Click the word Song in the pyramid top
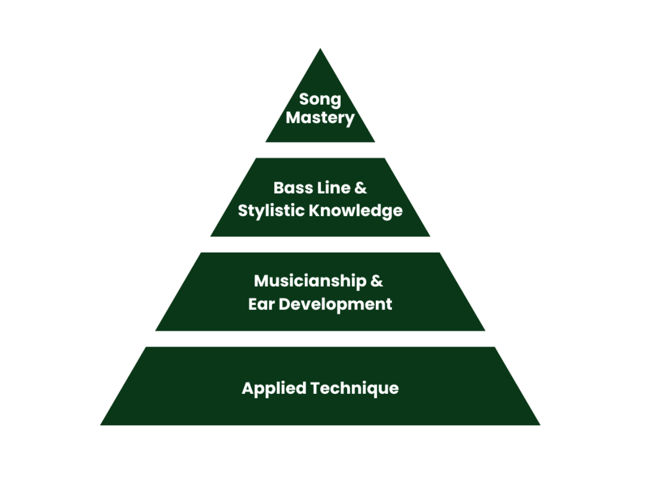tap(320, 99)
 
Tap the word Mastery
tap(320, 118)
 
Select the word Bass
tap(293, 188)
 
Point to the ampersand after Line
tap(361, 188)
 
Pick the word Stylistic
tap(272, 211)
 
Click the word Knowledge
tap(356, 211)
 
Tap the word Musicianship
tap(310, 281)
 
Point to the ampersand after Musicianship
tap(377, 281)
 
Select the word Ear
tap(261, 304)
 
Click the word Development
tap(335, 305)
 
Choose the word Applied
tap(274, 389)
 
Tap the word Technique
tap(355, 389)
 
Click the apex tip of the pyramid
tap(320, 48)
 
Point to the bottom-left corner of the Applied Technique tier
tap(100, 425)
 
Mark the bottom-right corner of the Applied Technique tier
tap(540, 425)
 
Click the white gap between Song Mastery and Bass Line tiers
tap(320, 150)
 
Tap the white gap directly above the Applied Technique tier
tap(320, 339)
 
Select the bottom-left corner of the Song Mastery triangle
tap(265, 142)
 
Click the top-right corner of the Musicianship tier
tap(440, 253)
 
